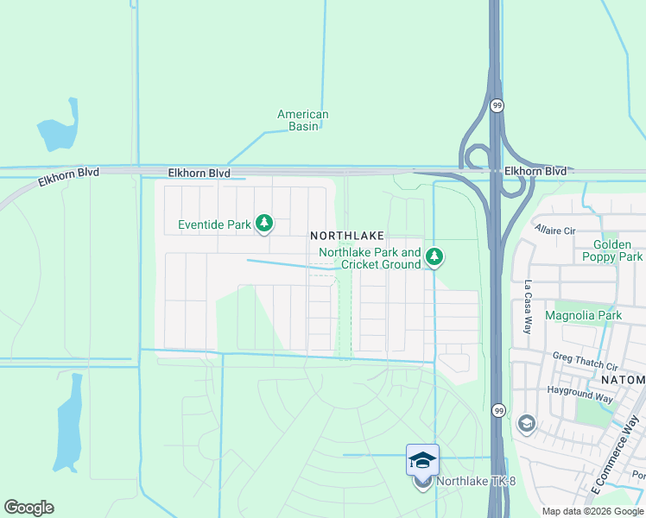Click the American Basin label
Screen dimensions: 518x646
point(302,120)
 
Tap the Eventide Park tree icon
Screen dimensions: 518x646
point(264,224)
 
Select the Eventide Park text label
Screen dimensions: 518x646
point(214,225)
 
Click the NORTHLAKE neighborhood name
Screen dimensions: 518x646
point(346,235)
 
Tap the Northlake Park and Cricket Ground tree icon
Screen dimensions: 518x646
point(435,256)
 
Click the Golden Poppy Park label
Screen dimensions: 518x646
point(618,251)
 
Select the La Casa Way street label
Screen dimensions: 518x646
point(528,307)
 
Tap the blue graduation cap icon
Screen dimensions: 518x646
point(422,460)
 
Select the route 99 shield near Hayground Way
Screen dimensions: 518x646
point(497,410)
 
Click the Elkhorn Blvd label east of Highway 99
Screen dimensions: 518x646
point(535,172)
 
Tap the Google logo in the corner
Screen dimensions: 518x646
point(28,508)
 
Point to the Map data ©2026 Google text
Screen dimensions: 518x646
point(592,511)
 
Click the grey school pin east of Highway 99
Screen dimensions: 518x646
point(526,424)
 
